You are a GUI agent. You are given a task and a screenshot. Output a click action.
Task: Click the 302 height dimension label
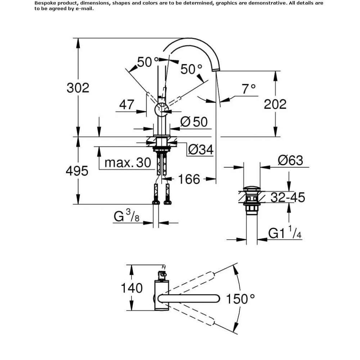pos(78,88)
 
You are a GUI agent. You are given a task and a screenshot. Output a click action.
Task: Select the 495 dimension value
pos(77,171)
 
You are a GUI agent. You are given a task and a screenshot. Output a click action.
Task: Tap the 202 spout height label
pos(275,104)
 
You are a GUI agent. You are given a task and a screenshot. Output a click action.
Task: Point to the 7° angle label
pos(249,89)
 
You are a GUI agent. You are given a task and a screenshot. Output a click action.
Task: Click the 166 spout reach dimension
pos(189,179)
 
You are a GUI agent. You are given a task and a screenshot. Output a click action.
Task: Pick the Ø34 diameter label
pos(201,150)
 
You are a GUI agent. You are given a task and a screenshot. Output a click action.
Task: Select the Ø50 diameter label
pos(194,122)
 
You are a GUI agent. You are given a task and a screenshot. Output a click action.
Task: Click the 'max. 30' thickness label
pos(128,163)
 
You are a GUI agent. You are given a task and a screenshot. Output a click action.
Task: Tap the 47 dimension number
pos(126,105)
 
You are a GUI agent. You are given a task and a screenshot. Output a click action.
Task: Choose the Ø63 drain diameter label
pos(291,160)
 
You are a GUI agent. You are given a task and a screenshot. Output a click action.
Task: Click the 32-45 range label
pos(288,197)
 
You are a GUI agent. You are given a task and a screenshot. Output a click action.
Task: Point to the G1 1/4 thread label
pos(285,232)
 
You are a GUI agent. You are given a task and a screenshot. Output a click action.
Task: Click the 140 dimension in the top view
pos(131,288)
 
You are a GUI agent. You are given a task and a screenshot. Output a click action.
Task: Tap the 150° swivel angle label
pos(240,299)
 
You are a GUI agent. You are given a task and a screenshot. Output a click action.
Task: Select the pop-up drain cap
pos(252,189)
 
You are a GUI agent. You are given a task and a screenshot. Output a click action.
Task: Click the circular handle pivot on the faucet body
pos(161,109)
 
